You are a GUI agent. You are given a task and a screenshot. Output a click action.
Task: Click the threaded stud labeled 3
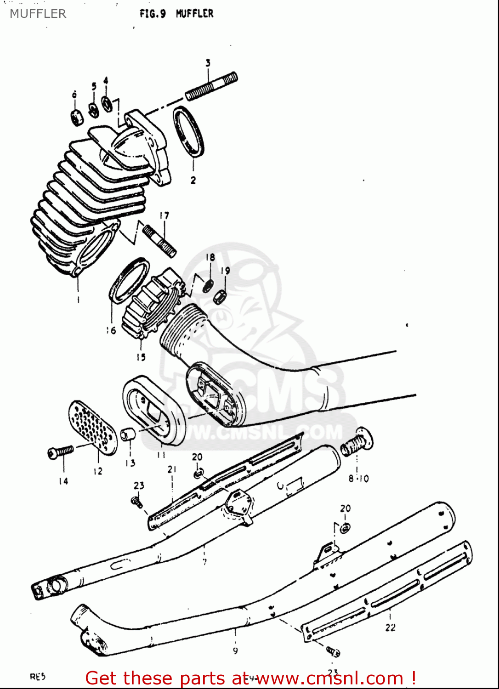coord(211,86)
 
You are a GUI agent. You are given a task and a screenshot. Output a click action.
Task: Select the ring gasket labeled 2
coord(189,131)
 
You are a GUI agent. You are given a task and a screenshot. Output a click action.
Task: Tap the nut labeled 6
coord(76,118)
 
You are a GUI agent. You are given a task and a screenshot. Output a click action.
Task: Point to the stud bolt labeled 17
coord(159,240)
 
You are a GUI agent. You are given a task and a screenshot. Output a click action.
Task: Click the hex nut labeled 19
coord(220,296)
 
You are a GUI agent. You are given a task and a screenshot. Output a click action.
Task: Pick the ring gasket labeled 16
coord(129,280)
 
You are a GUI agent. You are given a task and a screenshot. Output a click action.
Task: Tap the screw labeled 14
coord(60,452)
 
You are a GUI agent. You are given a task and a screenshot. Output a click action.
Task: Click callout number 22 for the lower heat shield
coord(390,627)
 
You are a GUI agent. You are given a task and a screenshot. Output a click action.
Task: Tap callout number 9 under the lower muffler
coord(235,650)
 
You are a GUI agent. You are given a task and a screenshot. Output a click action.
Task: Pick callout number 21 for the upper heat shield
coord(172,469)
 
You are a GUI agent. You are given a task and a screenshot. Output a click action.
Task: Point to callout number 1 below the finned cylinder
coord(78,300)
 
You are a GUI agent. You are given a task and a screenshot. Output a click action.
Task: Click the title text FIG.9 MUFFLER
coord(176,14)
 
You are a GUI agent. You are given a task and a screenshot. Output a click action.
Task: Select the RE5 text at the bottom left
coord(38,677)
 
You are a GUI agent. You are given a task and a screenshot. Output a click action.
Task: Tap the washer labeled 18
coord(207,285)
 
